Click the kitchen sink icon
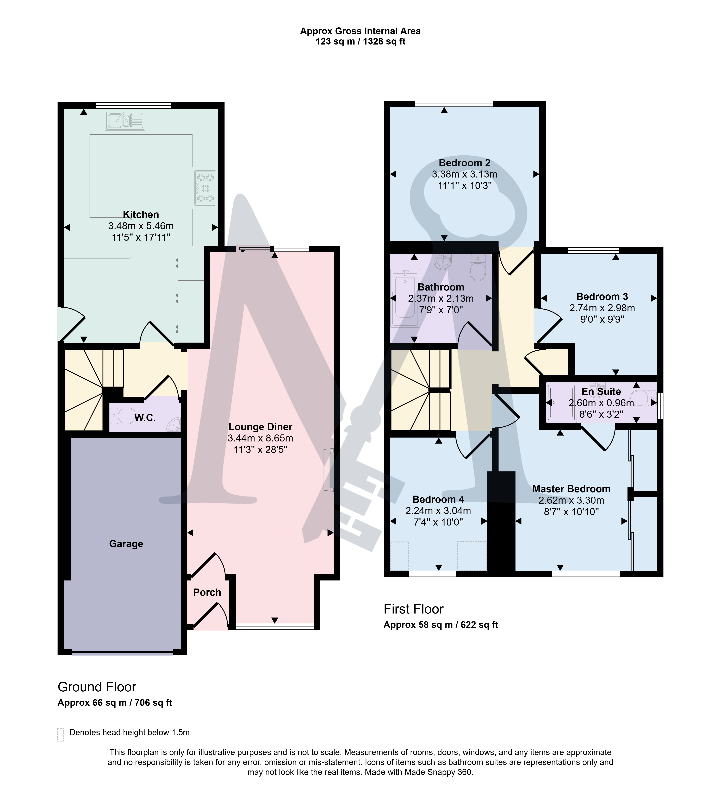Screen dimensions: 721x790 point(125,121)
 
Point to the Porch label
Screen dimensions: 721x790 point(207,592)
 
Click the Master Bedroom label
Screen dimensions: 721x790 point(571,489)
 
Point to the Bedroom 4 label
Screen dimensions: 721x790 point(438,499)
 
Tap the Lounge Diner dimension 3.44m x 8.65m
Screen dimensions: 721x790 point(260,438)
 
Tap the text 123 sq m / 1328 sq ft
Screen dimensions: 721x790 point(360,42)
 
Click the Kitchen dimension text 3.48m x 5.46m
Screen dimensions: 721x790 point(141,226)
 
